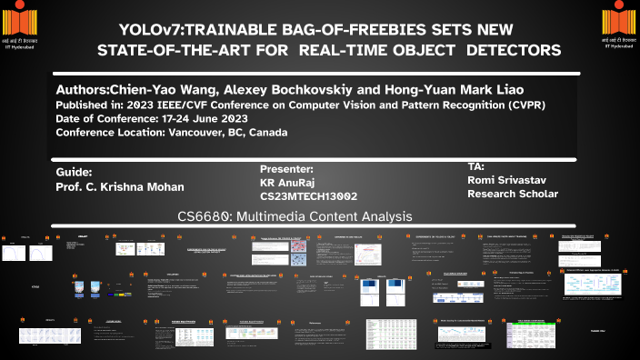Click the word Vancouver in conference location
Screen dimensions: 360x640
(x=198, y=132)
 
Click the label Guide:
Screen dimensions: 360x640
(x=74, y=171)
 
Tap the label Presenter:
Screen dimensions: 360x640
(x=286, y=168)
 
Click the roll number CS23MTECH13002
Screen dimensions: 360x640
(x=308, y=196)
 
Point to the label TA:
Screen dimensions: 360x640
(x=477, y=166)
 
